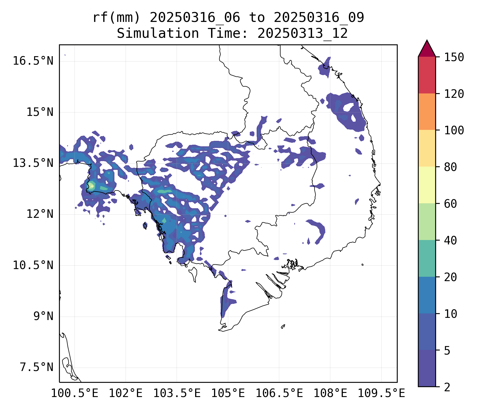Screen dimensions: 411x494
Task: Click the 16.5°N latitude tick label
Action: tap(33, 61)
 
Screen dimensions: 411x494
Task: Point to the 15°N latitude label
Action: tap(40, 112)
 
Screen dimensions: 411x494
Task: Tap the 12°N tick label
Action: tap(40, 214)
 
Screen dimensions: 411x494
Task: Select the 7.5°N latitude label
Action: tap(36, 367)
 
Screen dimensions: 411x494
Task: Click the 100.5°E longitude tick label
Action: tap(75, 393)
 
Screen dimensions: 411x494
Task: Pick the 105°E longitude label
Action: tap(228, 393)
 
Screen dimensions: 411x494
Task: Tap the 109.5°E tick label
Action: tap(381, 393)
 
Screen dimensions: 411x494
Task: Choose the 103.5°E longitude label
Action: tap(177, 393)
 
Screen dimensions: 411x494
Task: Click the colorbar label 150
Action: tap(454, 58)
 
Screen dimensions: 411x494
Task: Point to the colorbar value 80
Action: tap(450, 167)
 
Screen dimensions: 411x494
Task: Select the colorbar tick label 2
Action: tap(447, 387)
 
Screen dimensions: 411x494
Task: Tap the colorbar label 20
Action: tap(450, 277)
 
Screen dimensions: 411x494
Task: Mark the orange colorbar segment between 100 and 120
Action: tap(427, 112)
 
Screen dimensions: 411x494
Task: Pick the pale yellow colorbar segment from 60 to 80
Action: tap(427, 185)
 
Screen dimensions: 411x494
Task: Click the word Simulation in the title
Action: tap(158, 34)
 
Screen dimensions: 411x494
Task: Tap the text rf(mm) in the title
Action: tap(116, 18)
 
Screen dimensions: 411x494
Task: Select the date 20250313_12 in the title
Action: tap(302, 34)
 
